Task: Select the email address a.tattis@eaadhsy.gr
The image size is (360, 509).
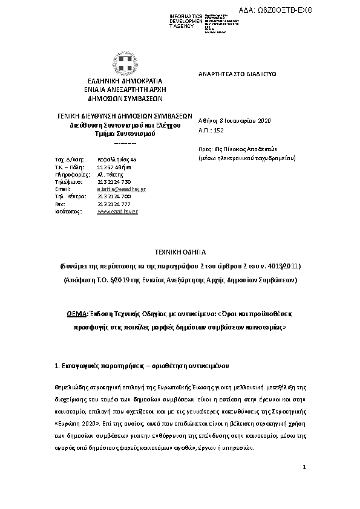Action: coord(121,189)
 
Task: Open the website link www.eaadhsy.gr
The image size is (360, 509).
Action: coord(117,212)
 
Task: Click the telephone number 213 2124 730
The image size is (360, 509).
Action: coord(114,181)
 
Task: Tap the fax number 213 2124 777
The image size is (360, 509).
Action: coord(114,204)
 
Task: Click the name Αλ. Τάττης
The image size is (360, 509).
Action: coord(110,174)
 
